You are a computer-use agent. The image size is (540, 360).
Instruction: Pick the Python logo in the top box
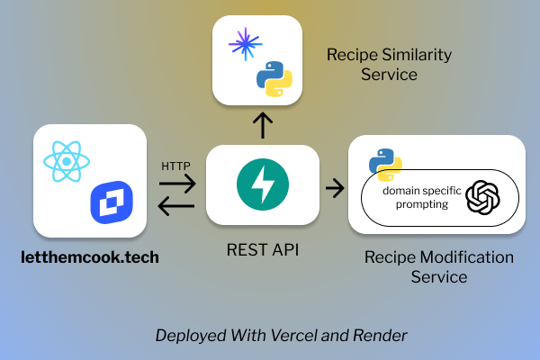point(274,79)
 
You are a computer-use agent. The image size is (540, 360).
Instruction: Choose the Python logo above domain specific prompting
point(385,163)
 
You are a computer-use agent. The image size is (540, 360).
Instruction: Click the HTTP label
point(175,166)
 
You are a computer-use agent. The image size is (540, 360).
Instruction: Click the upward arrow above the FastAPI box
point(262,126)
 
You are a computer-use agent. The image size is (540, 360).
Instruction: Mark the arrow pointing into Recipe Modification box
point(334,188)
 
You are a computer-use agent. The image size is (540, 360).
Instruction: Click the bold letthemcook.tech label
point(90,257)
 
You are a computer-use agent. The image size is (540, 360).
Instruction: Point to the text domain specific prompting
point(414,198)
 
